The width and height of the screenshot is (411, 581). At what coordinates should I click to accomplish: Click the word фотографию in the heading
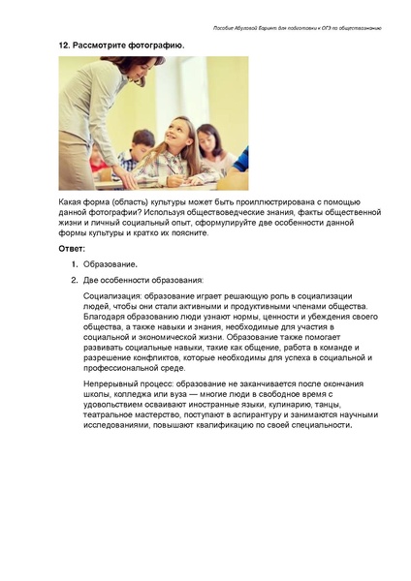150,46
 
